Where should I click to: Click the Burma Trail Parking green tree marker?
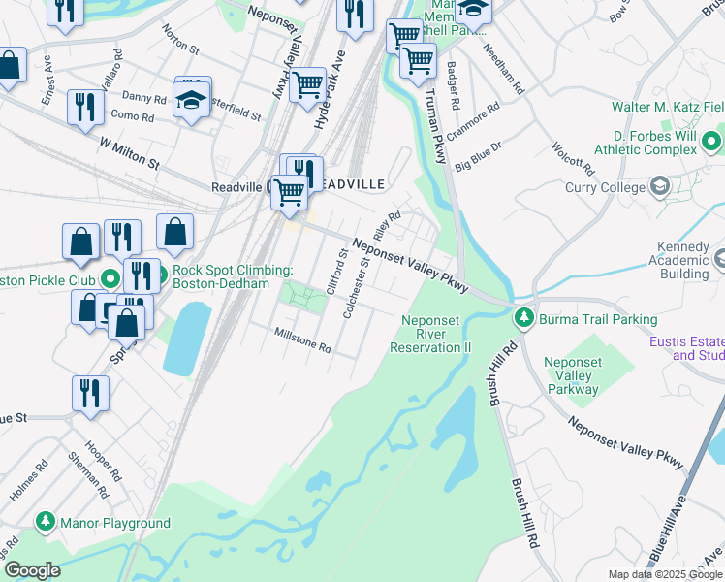coord(524,317)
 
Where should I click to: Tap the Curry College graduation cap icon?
coord(660,186)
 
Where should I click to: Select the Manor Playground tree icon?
coord(45,523)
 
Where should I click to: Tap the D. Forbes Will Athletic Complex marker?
coord(713,144)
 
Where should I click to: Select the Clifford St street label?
coord(334,273)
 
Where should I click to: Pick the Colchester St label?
coord(357,287)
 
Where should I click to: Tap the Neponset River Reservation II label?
coord(430,334)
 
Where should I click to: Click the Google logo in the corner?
coord(31,570)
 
